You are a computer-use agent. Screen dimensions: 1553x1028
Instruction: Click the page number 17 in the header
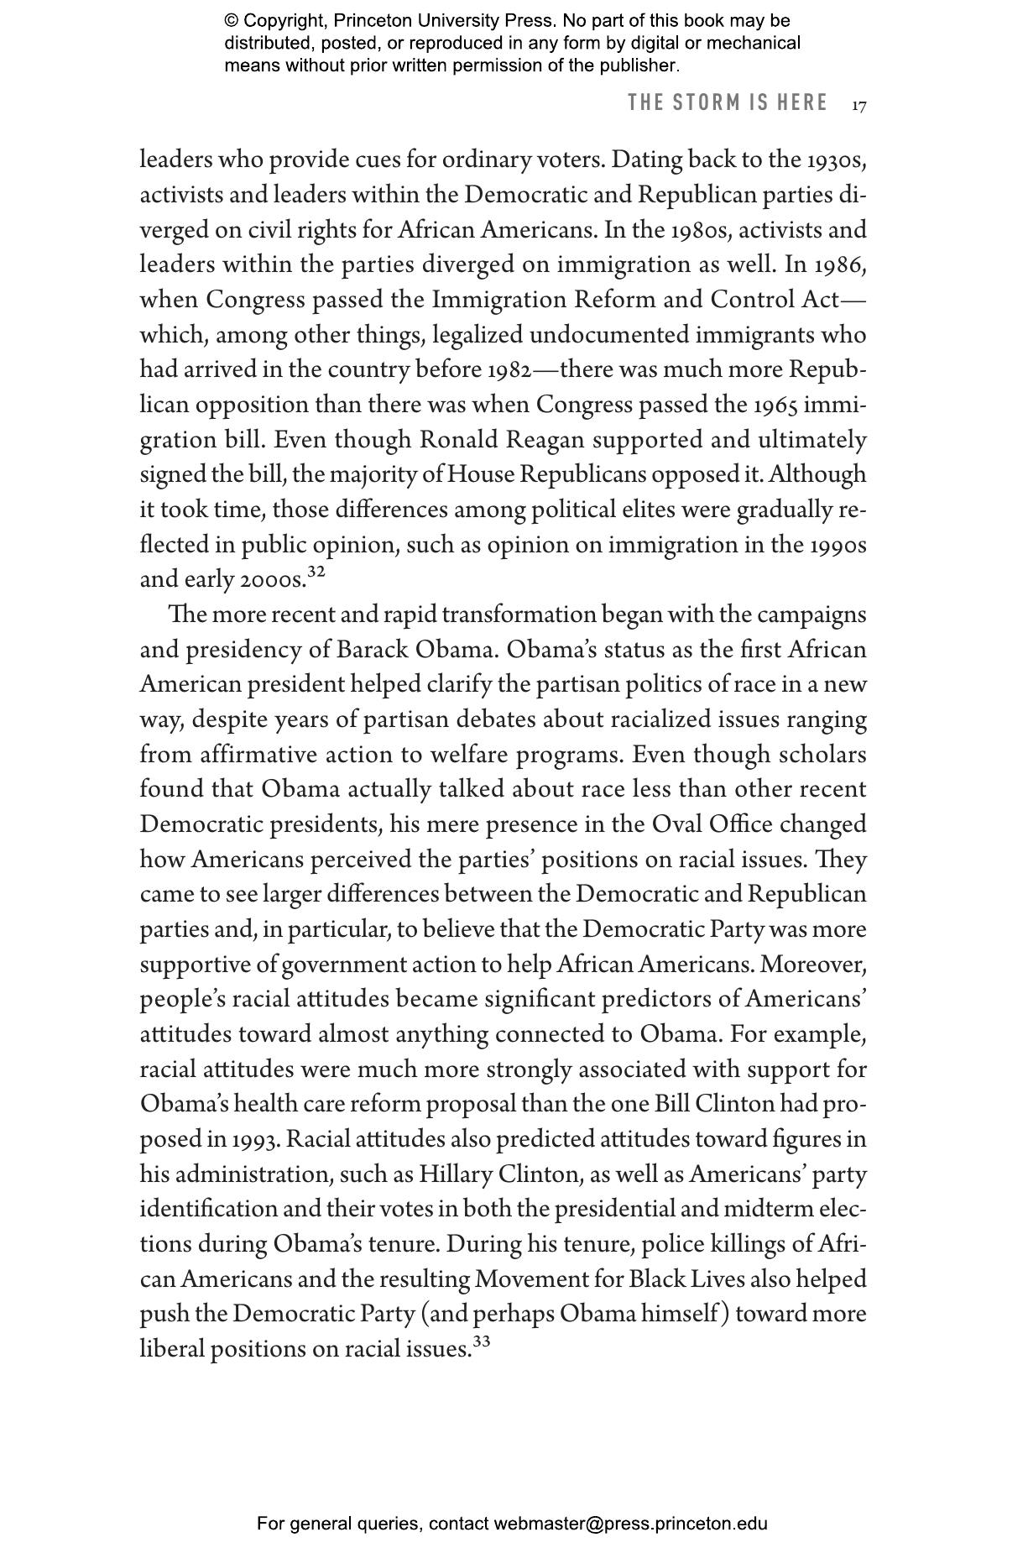click(x=858, y=106)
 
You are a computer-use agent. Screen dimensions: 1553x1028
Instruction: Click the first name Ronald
click(x=458, y=441)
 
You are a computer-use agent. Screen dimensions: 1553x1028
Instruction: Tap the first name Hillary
click(x=456, y=1174)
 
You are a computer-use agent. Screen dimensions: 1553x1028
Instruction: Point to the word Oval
click(x=676, y=825)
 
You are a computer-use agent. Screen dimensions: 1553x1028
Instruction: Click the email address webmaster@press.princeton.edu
click(x=630, y=1524)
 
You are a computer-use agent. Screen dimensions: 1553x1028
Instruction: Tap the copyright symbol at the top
click(x=231, y=21)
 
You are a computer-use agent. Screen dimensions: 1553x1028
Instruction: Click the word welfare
click(x=469, y=756)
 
